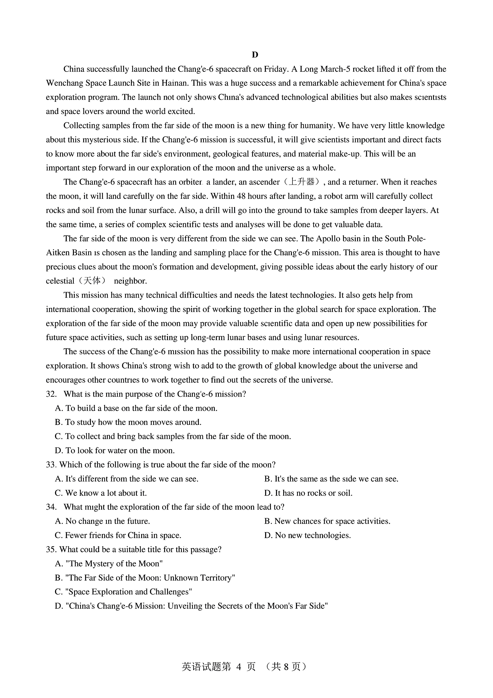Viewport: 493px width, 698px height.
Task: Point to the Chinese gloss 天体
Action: pyautogui.click(x=92, y=281)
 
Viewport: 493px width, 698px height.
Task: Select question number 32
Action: pyautogui.click(x=51, y=394)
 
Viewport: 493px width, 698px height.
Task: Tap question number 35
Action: pyautogui.click(x=51, y=550)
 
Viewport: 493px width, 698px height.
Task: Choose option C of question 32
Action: pyautogui.click(x=173, y=436)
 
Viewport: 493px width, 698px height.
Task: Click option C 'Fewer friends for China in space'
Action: pyautogui.click(x=118, y=535)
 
